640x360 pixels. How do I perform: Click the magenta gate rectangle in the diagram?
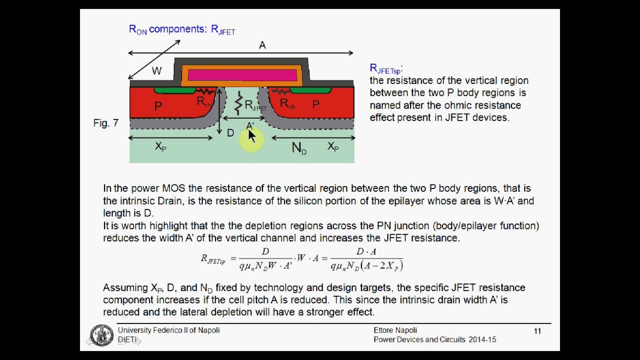click(x=242, y=75)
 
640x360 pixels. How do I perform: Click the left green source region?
click(x=174, y=90)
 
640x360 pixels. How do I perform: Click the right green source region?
click(x=310, y=90)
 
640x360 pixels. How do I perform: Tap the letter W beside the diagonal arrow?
click(x=156, y=71)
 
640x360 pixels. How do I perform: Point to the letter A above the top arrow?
click(x=262, y=45)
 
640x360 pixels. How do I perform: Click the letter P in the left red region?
click(x=158, y=106)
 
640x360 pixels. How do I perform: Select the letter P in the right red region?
click(x=316, y=104)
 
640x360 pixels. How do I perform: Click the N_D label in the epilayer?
click(x=299, y=148)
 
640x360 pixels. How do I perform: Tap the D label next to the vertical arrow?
click(x=230, y=133)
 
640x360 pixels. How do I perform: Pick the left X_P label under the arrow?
click(x=160, y=146)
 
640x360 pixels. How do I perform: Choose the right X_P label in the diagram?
click(x=333, y=146)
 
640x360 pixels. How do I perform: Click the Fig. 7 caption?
click(x=106, y=123)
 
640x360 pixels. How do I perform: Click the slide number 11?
click(x=537, y=331)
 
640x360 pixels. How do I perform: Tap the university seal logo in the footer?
click(x=101, y=335)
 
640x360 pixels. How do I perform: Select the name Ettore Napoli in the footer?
click(x=395, y=330)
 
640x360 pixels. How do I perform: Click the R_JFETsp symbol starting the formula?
click(x=213, y=259)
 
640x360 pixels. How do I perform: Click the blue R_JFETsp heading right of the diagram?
click(x=385, y=69)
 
